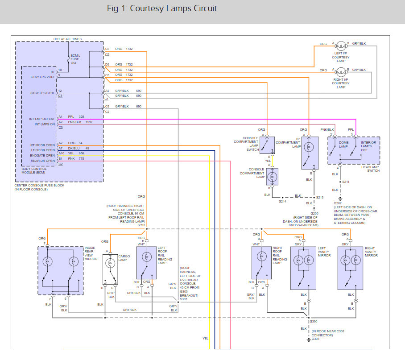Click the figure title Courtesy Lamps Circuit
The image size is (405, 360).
pyautogui.click(x=162, y=9)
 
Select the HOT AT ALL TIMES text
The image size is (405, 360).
pyautogui.click(x=68, y=40)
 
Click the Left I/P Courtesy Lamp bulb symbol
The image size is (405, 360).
pyautogui.click(x=341, y=45)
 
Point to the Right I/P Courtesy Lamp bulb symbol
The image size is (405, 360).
pyautogui.click(x=341, y=70)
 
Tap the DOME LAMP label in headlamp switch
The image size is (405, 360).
pyautogui.click(x=343, y=144)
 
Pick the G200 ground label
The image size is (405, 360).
pyautogui.click(x=314, y=213)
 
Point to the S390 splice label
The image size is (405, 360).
pyautogui.click(x=314, y=321)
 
